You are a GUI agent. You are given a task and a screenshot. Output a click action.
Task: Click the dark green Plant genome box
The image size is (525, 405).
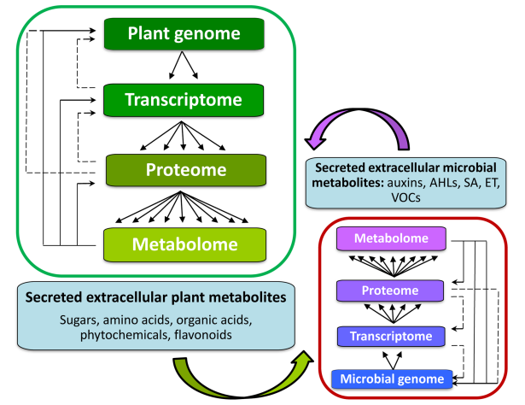point(184,34)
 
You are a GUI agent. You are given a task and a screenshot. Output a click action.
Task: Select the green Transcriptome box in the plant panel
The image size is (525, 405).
point(184,100)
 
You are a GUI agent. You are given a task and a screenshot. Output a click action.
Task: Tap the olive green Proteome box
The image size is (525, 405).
point(186,170)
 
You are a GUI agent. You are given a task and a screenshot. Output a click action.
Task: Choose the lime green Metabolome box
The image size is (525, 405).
point(185,244)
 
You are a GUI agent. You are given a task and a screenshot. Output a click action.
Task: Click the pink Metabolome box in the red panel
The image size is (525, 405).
point(391,238)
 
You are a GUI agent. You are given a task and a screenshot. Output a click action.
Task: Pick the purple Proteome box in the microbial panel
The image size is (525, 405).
point(390,291)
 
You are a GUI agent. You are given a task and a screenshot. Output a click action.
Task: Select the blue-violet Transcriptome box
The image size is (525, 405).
point(391,337)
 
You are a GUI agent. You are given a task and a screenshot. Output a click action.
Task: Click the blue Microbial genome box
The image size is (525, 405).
point(392,379)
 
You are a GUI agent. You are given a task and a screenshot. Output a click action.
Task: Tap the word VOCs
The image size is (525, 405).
point(405,197)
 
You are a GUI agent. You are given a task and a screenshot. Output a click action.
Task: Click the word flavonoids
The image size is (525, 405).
point(203,335)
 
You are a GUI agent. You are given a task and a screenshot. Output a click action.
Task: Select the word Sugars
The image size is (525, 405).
point(79,320)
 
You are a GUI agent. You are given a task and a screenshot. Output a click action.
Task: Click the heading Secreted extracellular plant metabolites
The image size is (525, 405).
point(155,297)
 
